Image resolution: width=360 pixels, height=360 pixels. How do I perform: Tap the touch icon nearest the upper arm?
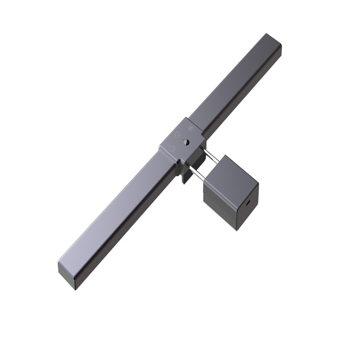[x=190, y=127]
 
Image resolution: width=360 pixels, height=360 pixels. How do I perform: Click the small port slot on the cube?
[x=249, y=202]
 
